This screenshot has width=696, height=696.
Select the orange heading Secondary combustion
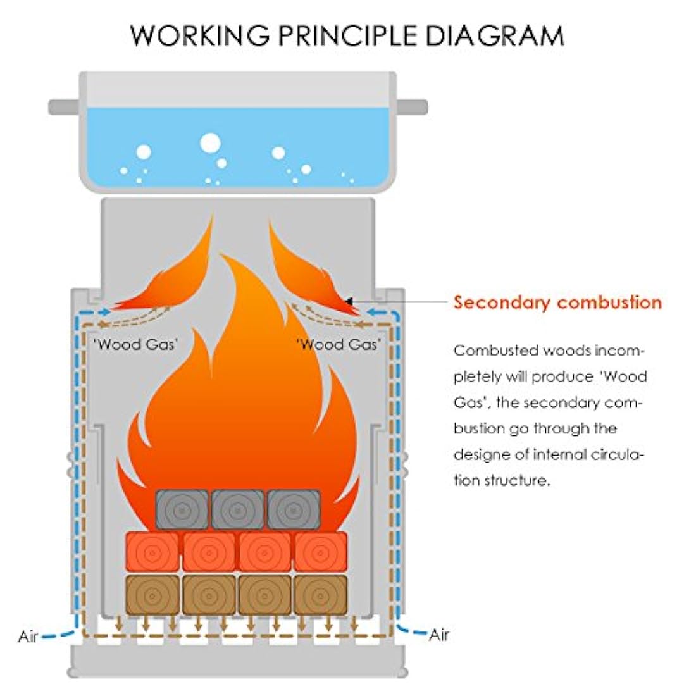click(x=557, y=302)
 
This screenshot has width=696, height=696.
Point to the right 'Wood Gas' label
click(x=339, y=344)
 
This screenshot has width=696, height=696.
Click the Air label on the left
click(x=28, y=637)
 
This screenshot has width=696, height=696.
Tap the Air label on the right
click(x=439, y=635)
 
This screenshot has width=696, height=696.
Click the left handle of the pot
click(x=64, y=106)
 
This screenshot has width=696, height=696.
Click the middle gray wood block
click(x=237, y=509)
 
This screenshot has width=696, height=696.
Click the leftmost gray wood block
click(x=182, y=509)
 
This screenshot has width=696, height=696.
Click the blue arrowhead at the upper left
click(x=105, y=312)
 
